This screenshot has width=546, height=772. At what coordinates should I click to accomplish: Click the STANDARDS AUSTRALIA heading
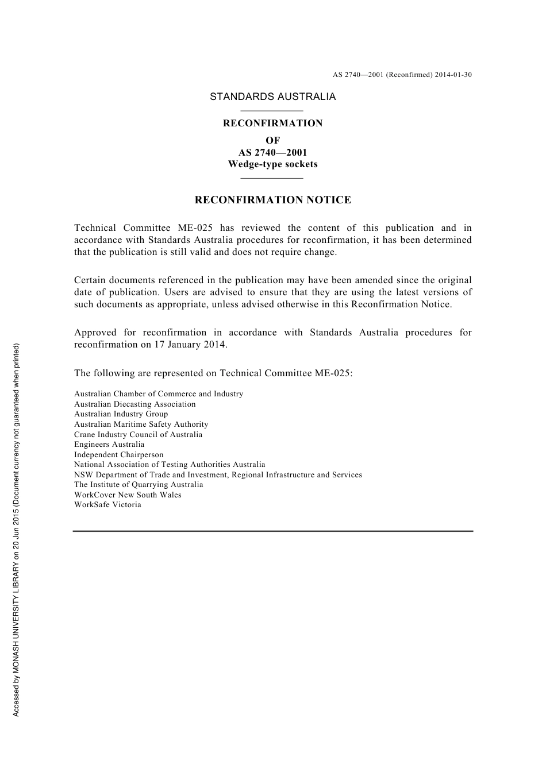(x=272, y=96)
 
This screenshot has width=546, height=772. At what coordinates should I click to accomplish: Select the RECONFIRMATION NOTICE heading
(x=272, y=200)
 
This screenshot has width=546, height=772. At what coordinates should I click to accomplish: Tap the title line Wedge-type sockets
(x=272, y=164)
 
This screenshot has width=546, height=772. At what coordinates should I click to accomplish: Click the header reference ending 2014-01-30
(x=402, y=75)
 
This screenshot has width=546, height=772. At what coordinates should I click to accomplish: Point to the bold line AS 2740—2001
(x=272, y=152)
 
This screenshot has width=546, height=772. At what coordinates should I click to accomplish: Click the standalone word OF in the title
(x=272, y=140)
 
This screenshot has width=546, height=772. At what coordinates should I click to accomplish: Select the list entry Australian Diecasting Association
(x=134, y=404)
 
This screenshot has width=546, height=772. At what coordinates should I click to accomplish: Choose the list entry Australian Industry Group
(x=121, y=414)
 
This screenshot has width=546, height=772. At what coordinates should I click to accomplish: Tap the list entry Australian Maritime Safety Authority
(x=141, y=424)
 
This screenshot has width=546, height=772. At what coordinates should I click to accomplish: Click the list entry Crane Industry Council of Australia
(x=138, y=435)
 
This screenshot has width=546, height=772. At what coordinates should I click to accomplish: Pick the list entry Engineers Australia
(x=109, y=445)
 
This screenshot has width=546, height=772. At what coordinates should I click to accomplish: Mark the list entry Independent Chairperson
(x=118, y=455)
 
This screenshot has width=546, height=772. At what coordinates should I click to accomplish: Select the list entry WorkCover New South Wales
(x=128, y=495)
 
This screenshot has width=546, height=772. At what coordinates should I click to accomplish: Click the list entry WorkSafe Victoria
(x=107, y=505)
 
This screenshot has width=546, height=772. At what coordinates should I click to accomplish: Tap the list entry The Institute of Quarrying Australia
(x=139, y=485)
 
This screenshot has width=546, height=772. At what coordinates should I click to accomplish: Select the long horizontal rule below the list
(x=272, y=531)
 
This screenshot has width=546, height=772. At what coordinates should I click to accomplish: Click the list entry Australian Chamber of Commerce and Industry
(x=158, y=394)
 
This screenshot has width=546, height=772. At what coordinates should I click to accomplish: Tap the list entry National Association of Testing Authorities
(x=170, y=465)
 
